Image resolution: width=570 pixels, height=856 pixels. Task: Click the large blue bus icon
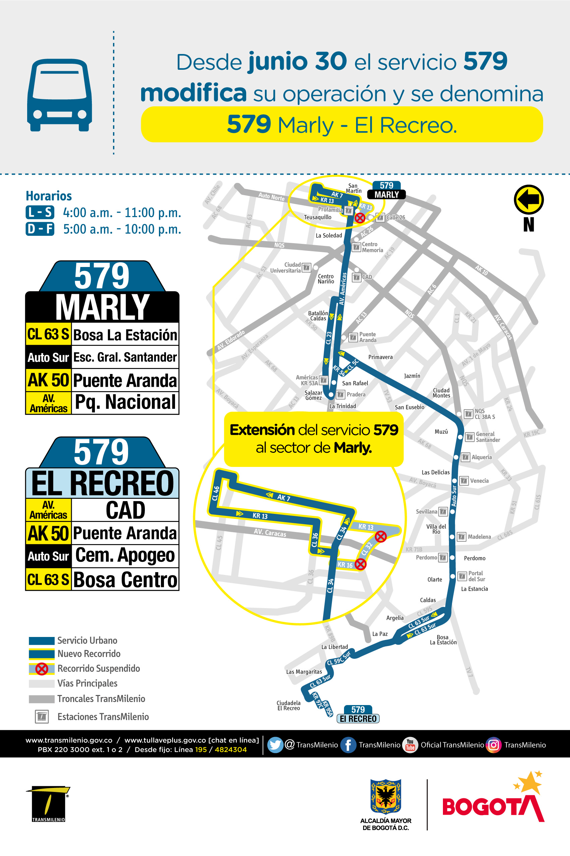pos(60,95)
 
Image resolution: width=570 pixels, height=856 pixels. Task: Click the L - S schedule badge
pos(40,212)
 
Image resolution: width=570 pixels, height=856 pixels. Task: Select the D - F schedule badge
pos(40,229)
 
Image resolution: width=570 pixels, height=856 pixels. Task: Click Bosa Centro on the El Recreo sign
pos(125,579)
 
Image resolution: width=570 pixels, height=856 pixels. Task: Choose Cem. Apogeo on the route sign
pos(125,556)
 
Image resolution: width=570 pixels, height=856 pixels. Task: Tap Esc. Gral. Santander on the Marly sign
pos(125,358)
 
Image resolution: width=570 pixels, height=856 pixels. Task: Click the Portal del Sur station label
pos(476,576)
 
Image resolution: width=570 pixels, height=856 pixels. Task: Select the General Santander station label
pos(488,437)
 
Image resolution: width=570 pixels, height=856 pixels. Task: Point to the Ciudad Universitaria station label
pos(285,268)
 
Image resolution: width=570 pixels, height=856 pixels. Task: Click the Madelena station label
pos(479,537)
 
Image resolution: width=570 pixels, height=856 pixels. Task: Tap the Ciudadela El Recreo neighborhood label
pos(289,705)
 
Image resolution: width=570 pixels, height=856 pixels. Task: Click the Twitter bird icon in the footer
pos(275,745)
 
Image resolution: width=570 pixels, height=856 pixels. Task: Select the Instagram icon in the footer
pos(494,745)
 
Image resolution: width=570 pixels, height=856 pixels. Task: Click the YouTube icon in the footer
pos(410,745)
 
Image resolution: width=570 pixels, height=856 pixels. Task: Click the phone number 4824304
pos(230,749)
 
